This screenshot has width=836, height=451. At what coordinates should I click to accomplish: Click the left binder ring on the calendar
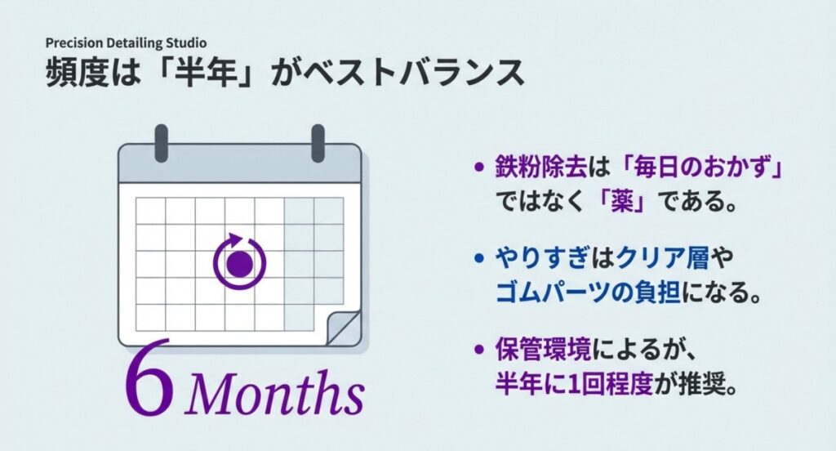[162, 142]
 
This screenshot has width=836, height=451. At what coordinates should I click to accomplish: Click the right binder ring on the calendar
[318, 142]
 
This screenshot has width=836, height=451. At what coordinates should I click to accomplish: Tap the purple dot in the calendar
[239, 264]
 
